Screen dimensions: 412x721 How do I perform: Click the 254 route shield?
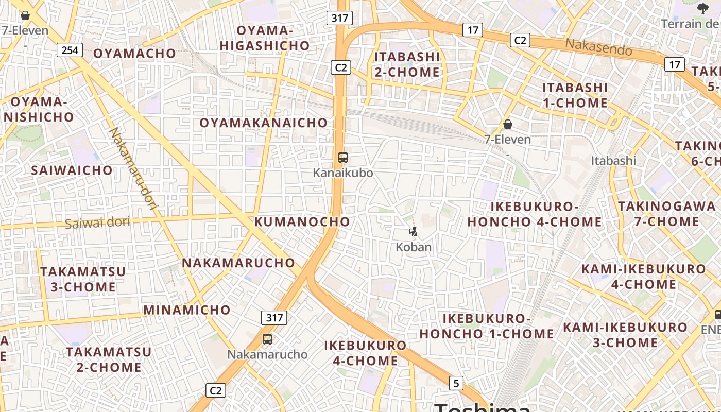click(70, 50)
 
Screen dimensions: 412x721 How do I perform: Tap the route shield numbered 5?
click(456, 383)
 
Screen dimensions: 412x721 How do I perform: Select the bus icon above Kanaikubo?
click(343, 158)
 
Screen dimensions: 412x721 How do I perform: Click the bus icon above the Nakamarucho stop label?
click(267, 339)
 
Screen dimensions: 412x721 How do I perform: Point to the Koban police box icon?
click(413, 232)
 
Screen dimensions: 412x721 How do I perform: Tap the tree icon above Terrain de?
click(702, 8)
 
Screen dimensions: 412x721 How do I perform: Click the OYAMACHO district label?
click(134, 53)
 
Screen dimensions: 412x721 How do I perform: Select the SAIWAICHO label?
click(72, 170)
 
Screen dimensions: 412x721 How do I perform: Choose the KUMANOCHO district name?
click(302, 222)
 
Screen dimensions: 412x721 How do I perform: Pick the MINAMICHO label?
click(187, 310)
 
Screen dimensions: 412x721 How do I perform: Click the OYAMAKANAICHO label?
click(263, 123)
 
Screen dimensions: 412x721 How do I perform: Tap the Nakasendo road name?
click(598, 47)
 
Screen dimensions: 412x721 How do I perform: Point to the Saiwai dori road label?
click(98, 223)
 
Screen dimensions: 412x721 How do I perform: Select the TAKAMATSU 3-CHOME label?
click(83, 279)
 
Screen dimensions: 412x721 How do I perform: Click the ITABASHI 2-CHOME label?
click(407, 64)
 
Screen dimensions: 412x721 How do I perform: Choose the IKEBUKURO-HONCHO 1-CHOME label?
click(486, 326)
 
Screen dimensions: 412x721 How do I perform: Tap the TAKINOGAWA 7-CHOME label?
click(666, 214)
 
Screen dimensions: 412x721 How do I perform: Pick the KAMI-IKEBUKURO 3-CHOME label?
click(625, 335)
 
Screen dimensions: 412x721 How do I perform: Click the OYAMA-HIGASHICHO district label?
click(265, 38)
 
